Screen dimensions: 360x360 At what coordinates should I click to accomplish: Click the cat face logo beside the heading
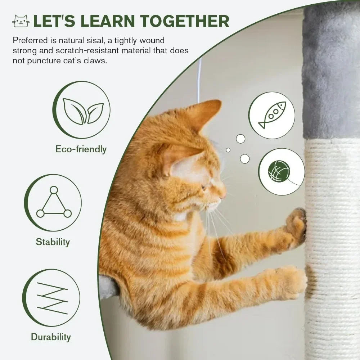point(21,21)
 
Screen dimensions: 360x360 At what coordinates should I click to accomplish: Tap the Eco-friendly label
point(81,149)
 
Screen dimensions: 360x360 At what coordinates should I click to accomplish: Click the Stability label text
point(53,242)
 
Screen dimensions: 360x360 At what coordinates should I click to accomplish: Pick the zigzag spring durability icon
point(52,298)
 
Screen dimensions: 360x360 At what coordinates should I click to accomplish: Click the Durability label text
point(51,337)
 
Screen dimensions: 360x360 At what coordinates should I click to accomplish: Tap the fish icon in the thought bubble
point(272,115)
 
